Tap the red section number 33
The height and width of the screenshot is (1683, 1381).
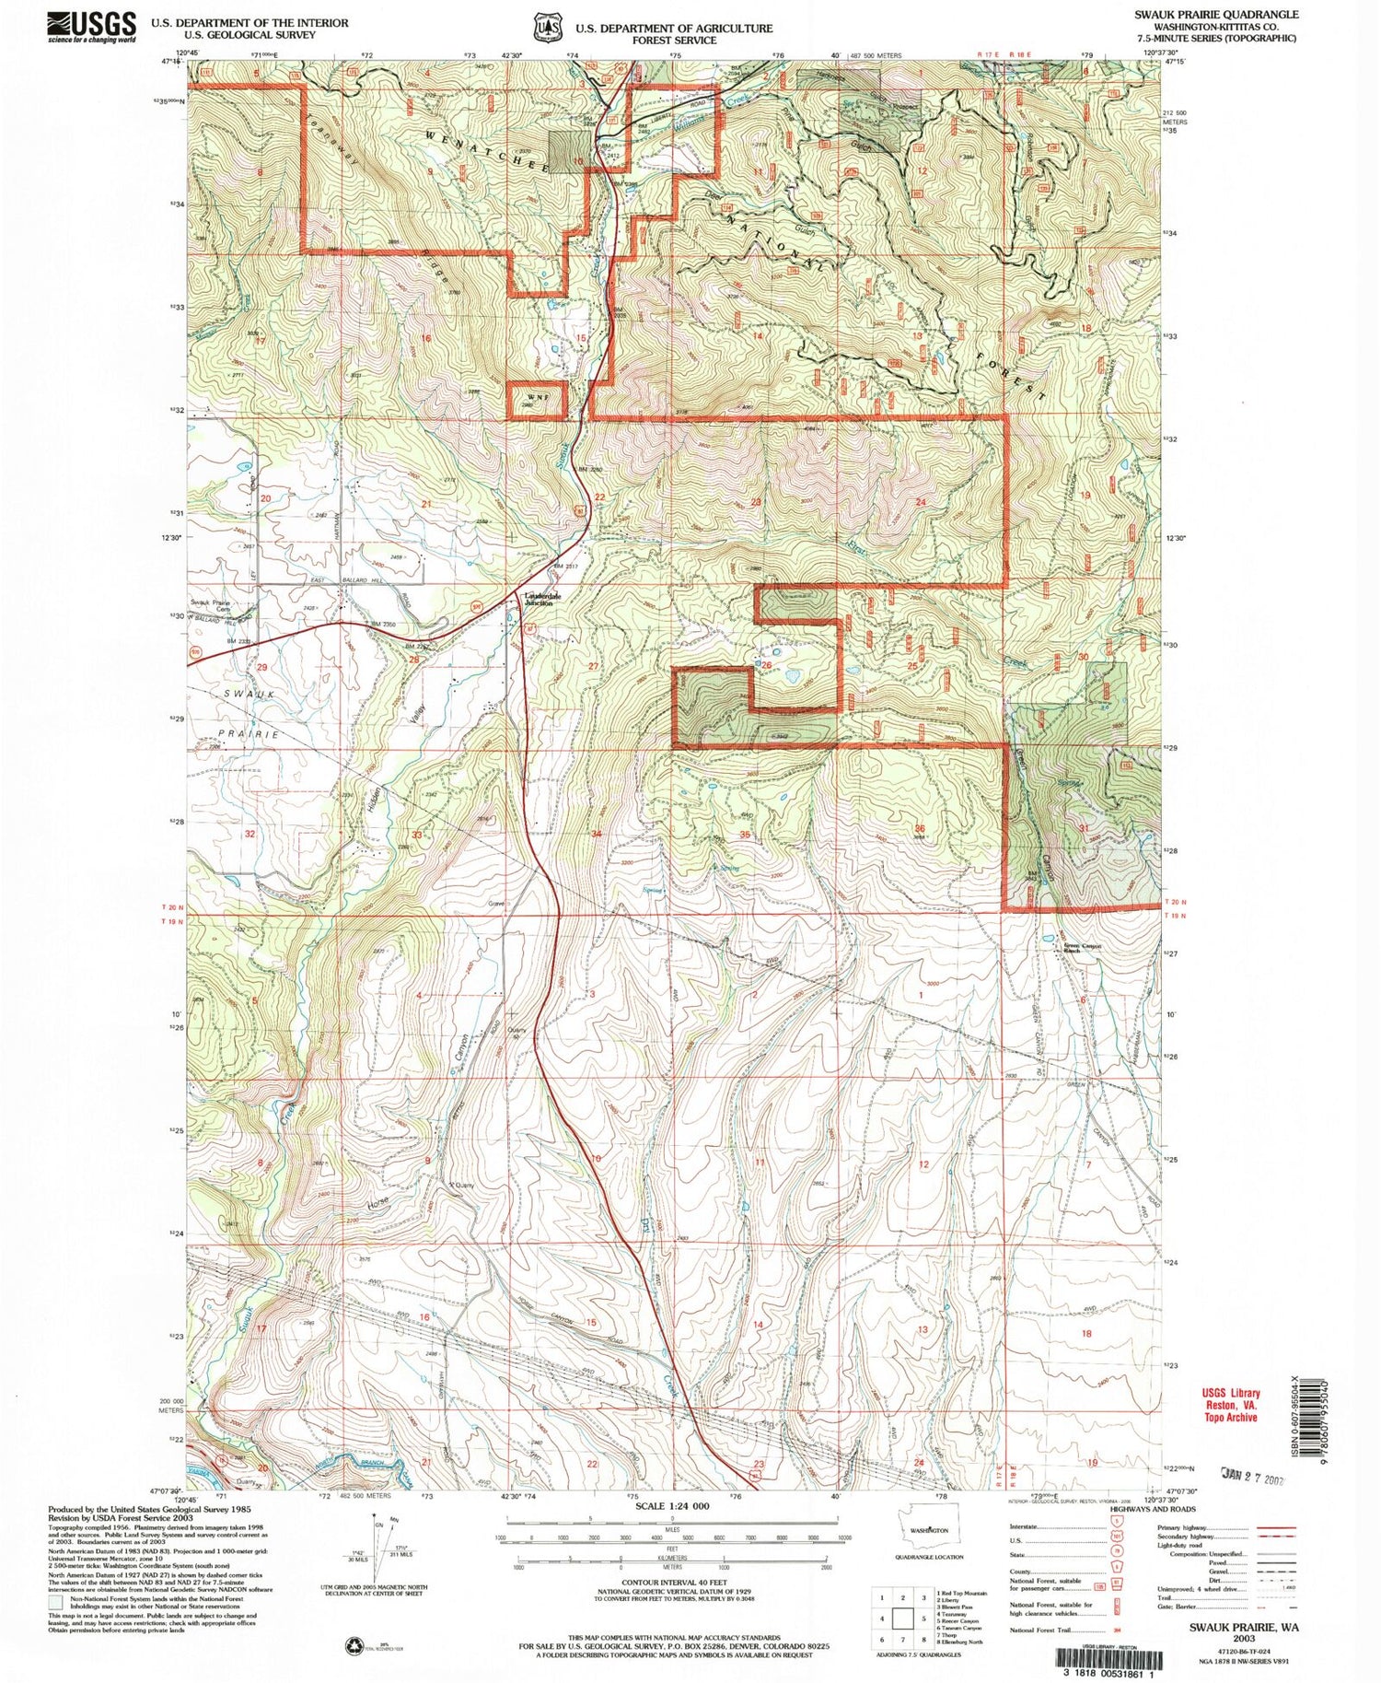pyautogui.click(x=417, y=835)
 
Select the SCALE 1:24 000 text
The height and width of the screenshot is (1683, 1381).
pyautogui.click(x=672, y=1504)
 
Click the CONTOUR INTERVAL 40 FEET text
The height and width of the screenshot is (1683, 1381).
pyautogui.click(x=672, y=1583)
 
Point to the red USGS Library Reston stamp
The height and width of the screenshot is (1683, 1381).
pyautogui.click(x=1229, y=1405)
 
